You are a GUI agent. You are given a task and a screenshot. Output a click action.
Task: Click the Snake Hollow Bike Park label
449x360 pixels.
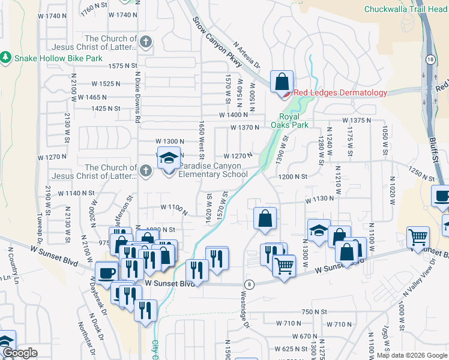click(53, 58)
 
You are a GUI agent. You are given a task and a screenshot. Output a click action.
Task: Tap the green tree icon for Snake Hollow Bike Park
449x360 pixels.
click(6, 58)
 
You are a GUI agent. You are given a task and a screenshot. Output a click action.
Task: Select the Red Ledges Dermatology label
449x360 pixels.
click(340, 92)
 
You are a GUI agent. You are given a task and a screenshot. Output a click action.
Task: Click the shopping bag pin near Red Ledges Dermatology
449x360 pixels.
click(282, 82)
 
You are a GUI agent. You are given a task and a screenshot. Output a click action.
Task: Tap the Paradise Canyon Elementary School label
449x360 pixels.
click(214, 170)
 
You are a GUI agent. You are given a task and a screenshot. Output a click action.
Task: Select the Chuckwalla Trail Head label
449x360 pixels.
click(406, 9)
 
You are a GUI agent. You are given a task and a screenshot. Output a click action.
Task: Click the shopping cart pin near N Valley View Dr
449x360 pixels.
click(418, 236)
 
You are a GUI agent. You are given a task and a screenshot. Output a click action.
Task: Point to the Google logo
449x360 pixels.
click(19, 353)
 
